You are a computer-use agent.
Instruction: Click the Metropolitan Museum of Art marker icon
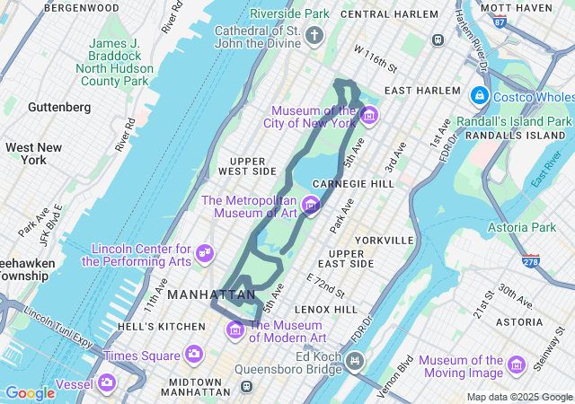click(x=311, y=206)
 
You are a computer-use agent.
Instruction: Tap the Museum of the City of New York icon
click(x=368, y=116)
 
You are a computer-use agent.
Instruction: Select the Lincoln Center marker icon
click(x=205, y=254)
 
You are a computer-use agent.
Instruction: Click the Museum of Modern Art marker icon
click(x=235, y=329)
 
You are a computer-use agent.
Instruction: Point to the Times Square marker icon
click(x=193, y=356)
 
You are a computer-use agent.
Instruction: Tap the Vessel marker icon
click(x=107, y=383)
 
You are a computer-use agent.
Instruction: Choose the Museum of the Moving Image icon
click(x=516, y=364)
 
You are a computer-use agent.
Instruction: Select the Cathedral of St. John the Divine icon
click(x=314, y=36)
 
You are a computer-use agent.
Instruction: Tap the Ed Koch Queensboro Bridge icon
click(x=357, y=362)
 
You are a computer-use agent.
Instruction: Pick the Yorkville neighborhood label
click(x=384, y=240)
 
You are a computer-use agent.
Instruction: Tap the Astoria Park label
click(x=522, y=228)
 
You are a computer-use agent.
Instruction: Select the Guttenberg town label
click(x=59, y=107)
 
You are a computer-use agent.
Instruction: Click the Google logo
click(x=30, y=392)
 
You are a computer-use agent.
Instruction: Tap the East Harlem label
click(x=416, y=91)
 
